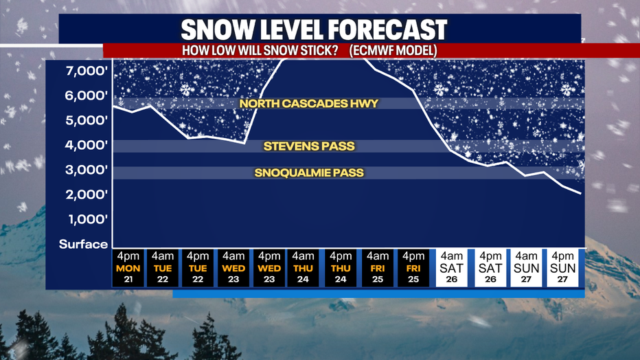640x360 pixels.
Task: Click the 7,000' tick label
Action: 87,71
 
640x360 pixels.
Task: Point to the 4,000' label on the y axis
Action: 87,145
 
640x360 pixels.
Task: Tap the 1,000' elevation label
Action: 88,220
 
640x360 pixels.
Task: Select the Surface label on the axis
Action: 83,244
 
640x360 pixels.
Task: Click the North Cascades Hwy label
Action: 309,103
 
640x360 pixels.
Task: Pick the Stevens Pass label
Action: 309,146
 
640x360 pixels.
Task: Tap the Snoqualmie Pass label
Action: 309,172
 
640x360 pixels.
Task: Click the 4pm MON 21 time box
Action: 128,268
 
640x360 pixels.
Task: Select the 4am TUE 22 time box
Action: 163,268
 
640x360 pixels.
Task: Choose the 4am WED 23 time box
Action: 233,268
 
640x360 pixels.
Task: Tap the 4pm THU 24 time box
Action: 341,268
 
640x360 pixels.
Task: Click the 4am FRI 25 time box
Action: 378,268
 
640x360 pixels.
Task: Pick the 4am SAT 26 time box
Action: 451,268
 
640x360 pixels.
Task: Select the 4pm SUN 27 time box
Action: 562,268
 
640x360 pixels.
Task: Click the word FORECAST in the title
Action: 387,30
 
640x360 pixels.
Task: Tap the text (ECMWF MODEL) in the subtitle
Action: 393,51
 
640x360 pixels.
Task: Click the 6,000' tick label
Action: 87,96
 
